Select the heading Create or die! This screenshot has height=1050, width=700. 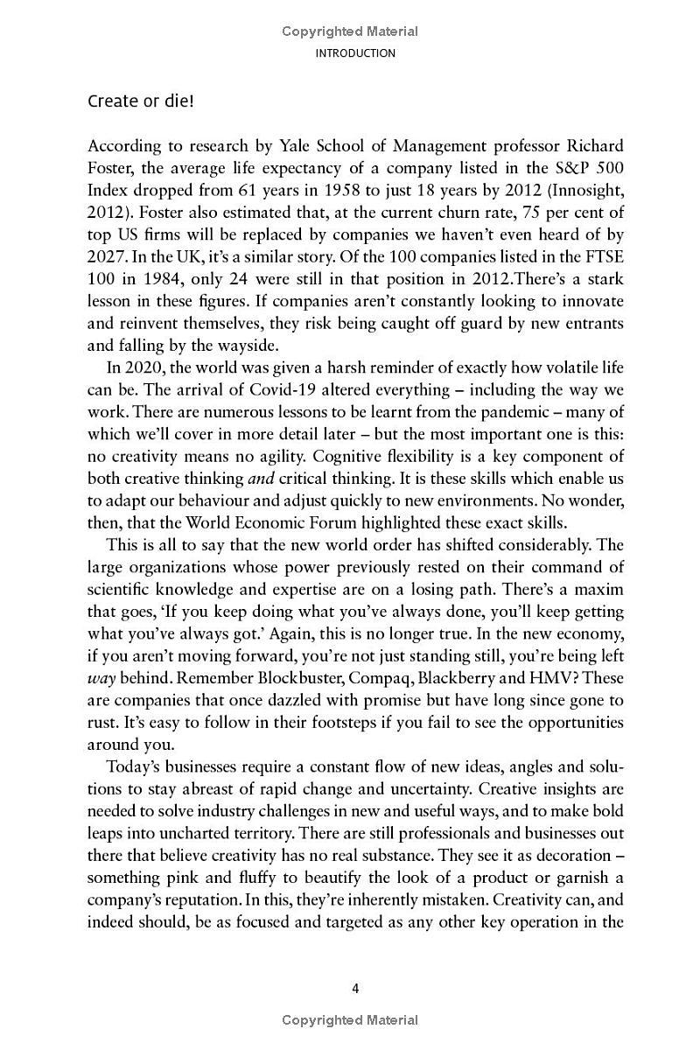coord(140,101)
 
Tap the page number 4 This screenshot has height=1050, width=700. coord(355,989)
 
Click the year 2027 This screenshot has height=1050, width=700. coord(106,259)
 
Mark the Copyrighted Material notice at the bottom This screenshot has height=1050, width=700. coord(350,1020)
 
